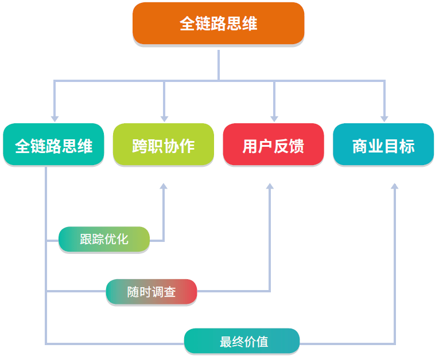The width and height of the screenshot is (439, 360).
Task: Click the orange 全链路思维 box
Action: [218, 24]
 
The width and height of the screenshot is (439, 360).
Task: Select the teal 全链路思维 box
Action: [53, 145]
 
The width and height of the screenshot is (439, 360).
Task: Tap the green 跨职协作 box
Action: [164, 145]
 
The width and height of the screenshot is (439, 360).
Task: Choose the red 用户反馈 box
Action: [273, 145]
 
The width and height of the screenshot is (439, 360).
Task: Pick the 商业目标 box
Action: [383, 145]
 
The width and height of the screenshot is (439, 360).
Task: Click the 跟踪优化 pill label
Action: [104, 239]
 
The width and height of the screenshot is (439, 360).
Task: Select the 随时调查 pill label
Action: [151, 292]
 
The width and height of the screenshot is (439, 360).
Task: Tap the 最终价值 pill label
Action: [242, 341]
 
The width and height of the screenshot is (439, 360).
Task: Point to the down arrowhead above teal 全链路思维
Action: [55, 118]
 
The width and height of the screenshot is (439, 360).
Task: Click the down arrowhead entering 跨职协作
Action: [164, 118]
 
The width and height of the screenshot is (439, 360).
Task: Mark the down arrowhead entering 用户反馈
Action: [274, 118]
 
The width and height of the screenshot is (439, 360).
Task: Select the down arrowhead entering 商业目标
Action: [384, 118]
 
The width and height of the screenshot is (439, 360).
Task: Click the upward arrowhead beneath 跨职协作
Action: [164, 187]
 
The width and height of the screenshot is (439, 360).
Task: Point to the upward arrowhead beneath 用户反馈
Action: [270, 187]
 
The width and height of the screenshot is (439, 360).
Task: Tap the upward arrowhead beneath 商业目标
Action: [394, 187]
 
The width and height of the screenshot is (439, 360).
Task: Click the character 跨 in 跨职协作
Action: [140, 146]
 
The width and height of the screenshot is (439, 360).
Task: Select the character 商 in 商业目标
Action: [360, 146]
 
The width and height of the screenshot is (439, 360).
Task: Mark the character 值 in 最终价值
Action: [263, 342]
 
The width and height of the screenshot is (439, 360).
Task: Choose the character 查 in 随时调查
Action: [170, 292]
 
